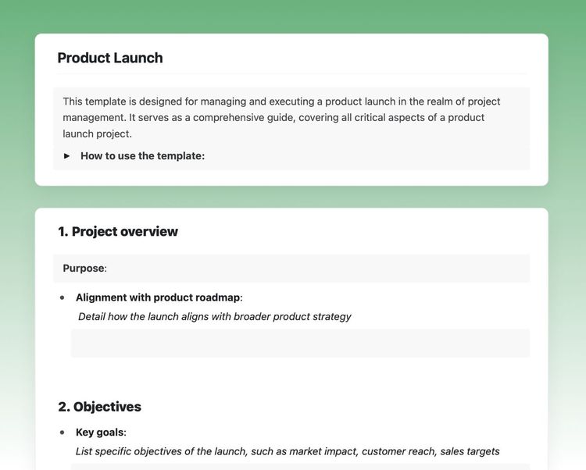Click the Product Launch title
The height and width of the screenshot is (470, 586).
click(x=110, y=58)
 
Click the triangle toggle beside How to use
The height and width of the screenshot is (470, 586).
click(x=67, y=156)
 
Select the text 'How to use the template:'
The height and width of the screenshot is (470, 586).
click(x=142, y=156)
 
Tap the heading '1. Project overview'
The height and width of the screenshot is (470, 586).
click(x=118, y=231)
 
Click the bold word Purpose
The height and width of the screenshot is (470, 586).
click(x=84, y=269)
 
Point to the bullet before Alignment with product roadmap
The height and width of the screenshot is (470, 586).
click(x=63, y=298)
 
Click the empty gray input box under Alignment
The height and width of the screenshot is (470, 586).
click(x=300, y=344)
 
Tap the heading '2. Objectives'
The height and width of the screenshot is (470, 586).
click(x=99, y=407)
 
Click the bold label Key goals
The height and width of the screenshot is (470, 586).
click(x=99, y=433)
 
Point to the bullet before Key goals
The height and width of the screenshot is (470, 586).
click(x=63, y=433)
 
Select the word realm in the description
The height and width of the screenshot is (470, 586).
click(x=423, y=101)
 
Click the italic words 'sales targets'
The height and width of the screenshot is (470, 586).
click(x=470, y=451)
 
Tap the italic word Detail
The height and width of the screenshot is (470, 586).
click(x=94, y=317)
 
